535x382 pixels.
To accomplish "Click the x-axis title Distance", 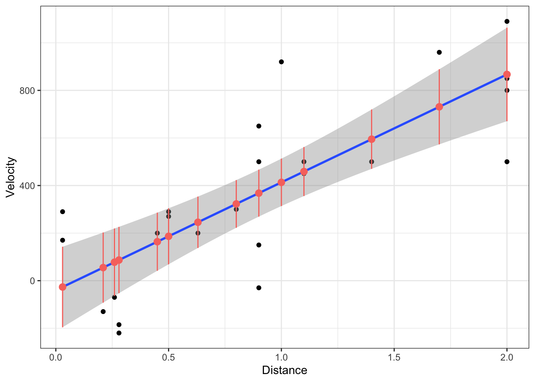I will pyautogui.click(x=284, y=370).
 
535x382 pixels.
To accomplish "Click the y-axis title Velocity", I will pyautogui.click(x=11, y=177).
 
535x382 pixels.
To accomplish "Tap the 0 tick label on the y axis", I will pyautogui.click(x=33, y=281).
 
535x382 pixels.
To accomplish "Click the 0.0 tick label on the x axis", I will pyautogui.click(x=56, y=357).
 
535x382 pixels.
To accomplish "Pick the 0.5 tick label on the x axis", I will pyautogui.click(x=168, y=357).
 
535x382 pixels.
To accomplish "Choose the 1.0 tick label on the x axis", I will pyautogui.click(x=281, y=357).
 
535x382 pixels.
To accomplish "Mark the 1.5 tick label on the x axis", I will pyautogui.click(x=394, y=357).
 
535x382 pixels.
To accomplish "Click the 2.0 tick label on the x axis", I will pyautogui.click(x=507, y=357).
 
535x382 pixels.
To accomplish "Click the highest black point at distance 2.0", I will pyautogui.click(x=507, y=21).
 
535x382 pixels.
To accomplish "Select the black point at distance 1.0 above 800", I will pyautogui.click(x=281, y=62).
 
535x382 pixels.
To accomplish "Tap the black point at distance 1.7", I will pyautogui.click(x=439, y=52).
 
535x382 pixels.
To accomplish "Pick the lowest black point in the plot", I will pyautogui.click(x=119, y=333).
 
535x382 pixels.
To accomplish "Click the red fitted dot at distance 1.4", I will pyautogui.click(x=371, y=139).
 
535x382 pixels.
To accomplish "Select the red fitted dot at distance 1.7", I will pyautogui.click(x=439, y=107).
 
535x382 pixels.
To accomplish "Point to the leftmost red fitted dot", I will pyautogui.click(x=62, y=287).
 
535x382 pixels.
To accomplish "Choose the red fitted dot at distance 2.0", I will pyautogui.click(x=507, y=74).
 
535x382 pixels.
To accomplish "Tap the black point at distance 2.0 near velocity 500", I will pyautogui.click(x=507, y=162).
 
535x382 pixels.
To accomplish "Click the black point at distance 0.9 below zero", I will pyautogui.click(x=259, y=288).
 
